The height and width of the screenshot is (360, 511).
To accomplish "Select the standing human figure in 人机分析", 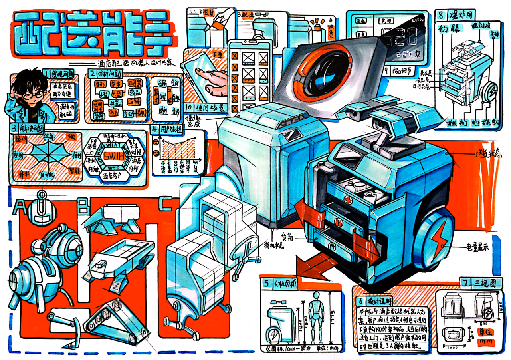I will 316,316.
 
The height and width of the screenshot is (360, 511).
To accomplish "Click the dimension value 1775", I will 333,313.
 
